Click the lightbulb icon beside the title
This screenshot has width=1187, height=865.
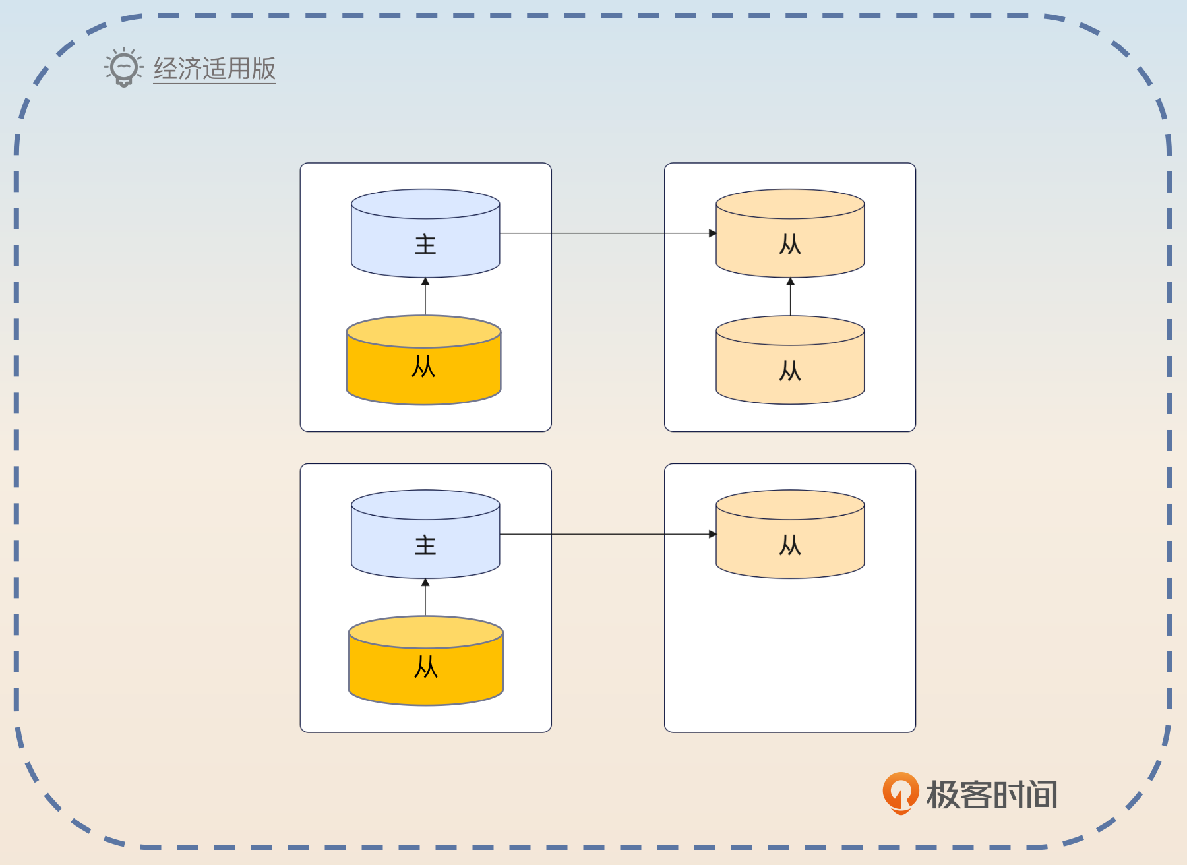click(123, 67)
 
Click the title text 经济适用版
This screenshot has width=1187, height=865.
click(214, 69)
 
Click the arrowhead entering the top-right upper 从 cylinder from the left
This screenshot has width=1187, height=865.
click(712, 233)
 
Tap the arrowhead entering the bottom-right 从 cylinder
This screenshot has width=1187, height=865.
click(712, 534)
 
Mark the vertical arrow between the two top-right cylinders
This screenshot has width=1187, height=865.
click(790, 297)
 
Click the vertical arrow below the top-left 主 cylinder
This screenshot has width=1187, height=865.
click(425, 297)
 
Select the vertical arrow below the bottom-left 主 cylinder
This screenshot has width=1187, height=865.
click(425, 598)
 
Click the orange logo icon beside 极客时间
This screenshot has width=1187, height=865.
click(900, 792)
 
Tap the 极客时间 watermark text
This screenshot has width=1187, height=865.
click(992, 794)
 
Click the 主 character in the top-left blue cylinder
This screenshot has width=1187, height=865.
click(425, 245)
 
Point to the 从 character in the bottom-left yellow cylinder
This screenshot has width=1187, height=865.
click(426, 667)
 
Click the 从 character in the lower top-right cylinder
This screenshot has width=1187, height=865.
click(790, 371)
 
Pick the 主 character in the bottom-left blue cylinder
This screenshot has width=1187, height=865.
click(425, 545)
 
